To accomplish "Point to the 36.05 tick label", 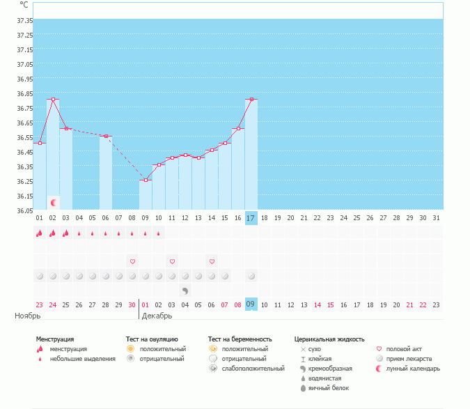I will [x=24, y=210].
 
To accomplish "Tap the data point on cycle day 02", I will [x=53, y=99].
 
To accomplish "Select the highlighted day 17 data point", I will [x=251, y=99].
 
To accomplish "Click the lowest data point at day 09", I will [x=146, y=180].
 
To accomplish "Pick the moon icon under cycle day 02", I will [x=53, y=202].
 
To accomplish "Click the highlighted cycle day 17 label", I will [x=251, y=218].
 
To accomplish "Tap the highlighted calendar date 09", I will [x=251, y=304].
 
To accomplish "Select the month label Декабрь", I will [x=157, y=316].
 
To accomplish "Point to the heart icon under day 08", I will [x=132, y=261].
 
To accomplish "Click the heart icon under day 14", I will [x=212, y=261].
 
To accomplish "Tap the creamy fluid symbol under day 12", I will [x=185, y=291].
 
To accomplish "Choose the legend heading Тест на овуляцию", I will [x=152, y=339].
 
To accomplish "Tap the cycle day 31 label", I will [x=437, y=218].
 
